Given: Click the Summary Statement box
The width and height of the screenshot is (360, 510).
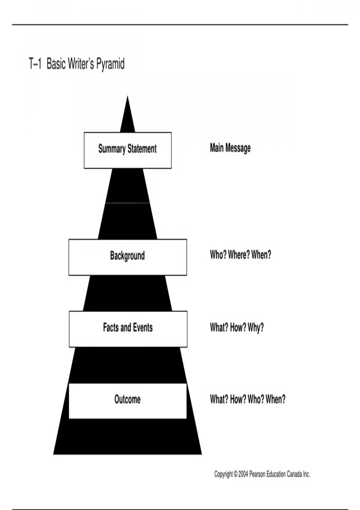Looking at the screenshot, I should tap(127, 150).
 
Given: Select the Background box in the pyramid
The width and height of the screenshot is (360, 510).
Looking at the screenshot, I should tap(127, 257).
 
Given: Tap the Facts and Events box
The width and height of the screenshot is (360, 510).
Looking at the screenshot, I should tap(128, 329).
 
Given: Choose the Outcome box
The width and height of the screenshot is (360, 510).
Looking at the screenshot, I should tap(127, 400).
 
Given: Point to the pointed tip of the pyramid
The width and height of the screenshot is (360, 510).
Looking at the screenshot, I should tap(127, 97).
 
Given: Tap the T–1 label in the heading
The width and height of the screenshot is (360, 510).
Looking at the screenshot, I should tap(35, 64).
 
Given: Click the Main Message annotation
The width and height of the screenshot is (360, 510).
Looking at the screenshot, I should tap(230, 148).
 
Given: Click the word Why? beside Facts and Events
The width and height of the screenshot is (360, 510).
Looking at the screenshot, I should tap(256, 328).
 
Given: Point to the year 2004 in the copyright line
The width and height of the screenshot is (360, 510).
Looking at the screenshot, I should tap(243, 474).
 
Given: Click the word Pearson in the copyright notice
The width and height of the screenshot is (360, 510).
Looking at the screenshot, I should tap(257, 474).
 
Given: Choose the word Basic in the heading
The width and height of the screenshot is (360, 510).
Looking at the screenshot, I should tap(56, 64).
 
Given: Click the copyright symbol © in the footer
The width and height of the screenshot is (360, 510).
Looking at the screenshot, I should tap(235, 474).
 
